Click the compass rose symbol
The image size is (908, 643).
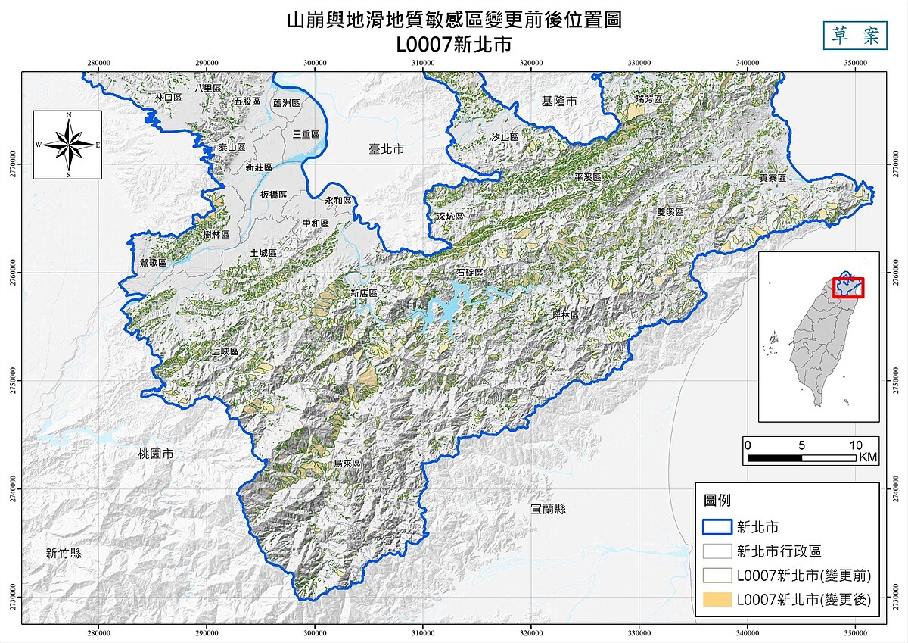click(67, 144)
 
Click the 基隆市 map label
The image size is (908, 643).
click(559, 101)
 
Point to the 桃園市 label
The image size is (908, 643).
click(156, 454)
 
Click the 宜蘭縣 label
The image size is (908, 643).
click(549, 509)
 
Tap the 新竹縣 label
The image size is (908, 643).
click(63, 553)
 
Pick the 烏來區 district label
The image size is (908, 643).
click(347, 463)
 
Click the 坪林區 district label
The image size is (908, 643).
click(564, 315)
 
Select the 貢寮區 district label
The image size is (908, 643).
click(773, 177)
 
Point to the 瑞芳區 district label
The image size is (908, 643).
click(648, 99)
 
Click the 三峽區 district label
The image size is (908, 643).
click(225, 352)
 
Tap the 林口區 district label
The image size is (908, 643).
click(168, 98)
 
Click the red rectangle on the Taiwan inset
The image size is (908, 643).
click(847, 288)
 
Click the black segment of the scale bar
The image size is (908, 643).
click(774, 457)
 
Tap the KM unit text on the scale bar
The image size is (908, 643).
click(868, 457)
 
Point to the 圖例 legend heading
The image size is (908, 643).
click(717, 501)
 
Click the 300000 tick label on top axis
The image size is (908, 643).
click(315, 63)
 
